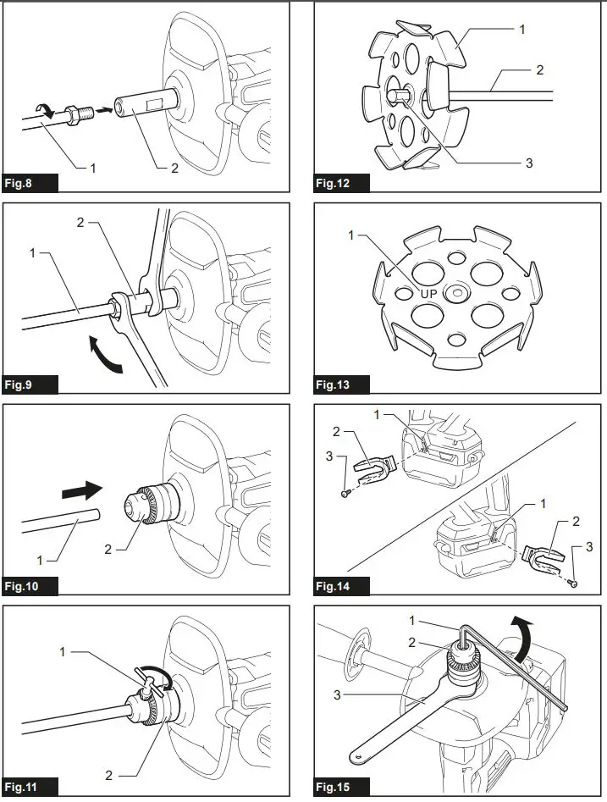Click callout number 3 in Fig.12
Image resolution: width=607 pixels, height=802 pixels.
pos(528,163)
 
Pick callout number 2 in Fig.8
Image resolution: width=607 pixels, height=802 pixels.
pos(174,168)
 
